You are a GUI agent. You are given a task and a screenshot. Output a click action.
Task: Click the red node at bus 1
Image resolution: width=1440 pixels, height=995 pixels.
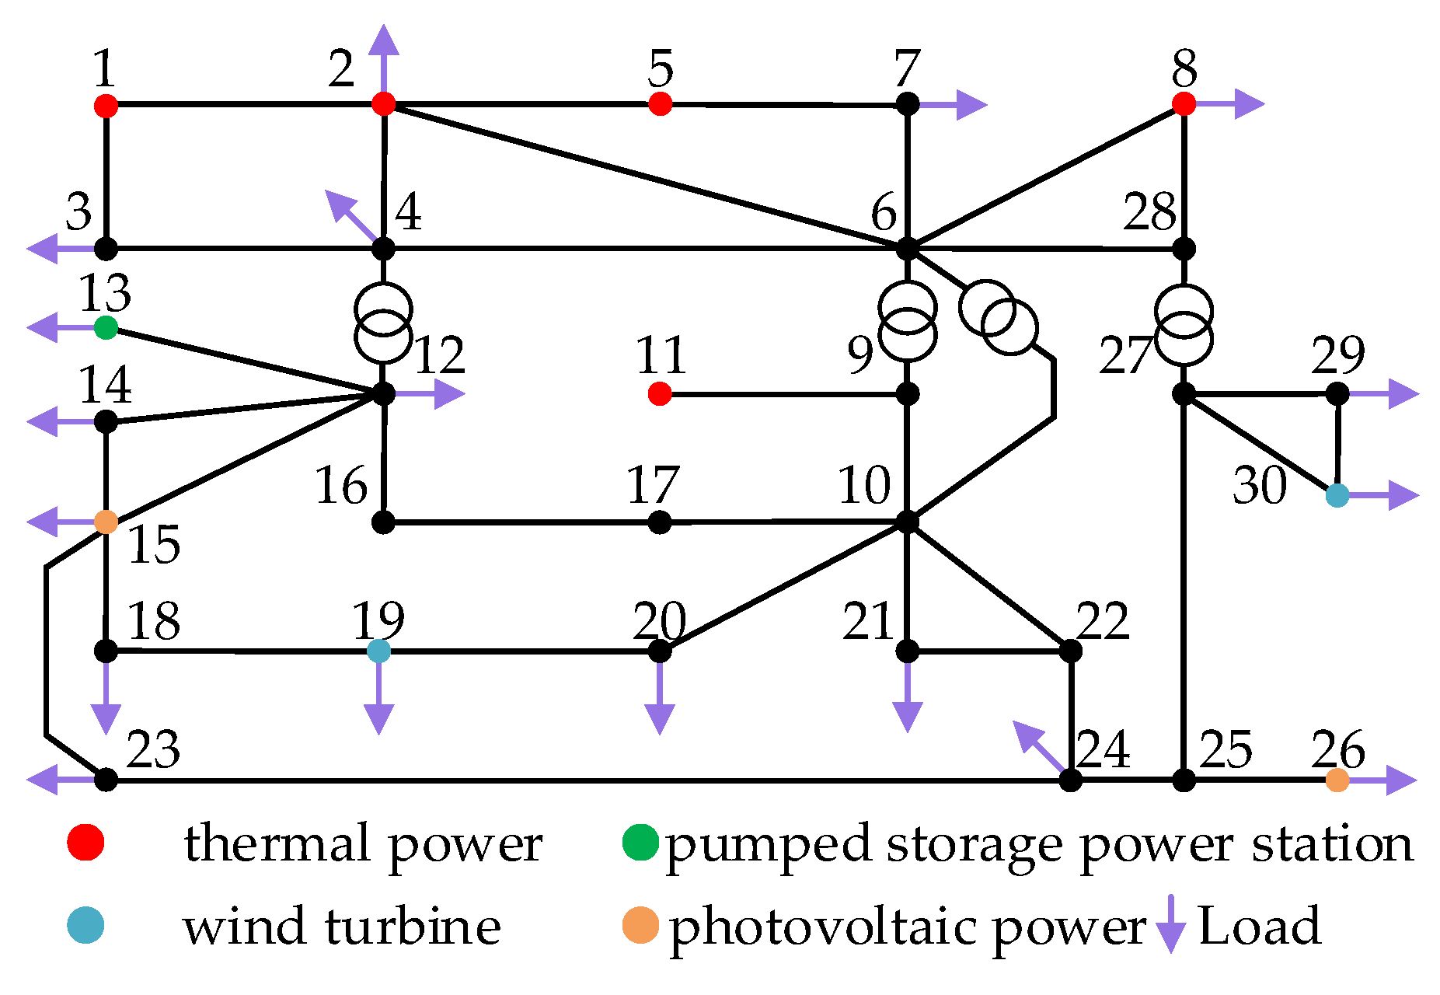point(106,104)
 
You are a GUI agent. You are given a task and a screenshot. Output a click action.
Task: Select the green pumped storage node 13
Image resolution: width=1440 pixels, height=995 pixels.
point(106,327)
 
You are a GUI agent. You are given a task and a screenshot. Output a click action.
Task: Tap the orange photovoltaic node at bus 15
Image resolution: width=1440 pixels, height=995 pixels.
point(106,522)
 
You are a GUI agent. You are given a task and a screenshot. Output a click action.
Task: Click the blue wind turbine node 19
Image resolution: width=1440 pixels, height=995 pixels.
point(378,651)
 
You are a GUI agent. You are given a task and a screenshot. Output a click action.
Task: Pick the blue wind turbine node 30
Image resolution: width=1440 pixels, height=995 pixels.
point(1337,494)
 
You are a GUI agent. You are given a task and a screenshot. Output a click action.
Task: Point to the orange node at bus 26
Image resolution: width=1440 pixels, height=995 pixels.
point(1337,780)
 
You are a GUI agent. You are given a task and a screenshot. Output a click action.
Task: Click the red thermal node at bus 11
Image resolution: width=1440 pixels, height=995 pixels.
point(659,394)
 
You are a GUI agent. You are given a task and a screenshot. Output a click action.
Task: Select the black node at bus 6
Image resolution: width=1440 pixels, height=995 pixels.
point(907,249)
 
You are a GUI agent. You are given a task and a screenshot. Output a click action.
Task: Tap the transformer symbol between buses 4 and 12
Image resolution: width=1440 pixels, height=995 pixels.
point(383,323)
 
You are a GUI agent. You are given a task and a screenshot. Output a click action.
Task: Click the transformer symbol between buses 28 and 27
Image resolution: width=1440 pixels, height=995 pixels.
point(1184,325)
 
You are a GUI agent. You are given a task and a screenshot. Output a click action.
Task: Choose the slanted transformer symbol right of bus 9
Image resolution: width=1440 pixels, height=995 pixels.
point(998,317)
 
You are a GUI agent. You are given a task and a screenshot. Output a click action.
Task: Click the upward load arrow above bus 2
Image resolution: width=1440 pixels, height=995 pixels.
point(383,54)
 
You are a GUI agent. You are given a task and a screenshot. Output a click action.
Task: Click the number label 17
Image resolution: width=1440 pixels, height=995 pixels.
point(653,485)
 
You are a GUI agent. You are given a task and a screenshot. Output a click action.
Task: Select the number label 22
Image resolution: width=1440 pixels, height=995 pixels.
point(1102,621)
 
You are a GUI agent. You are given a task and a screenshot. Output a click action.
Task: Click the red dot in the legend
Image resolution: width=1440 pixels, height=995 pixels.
point(85,843)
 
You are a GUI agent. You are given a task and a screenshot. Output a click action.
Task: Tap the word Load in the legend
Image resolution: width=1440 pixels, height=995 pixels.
point(1259,926)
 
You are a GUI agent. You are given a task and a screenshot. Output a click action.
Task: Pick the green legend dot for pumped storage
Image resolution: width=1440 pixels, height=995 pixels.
point(640,843)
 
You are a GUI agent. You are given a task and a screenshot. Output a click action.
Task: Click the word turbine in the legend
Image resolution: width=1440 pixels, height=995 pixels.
point(412,926)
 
